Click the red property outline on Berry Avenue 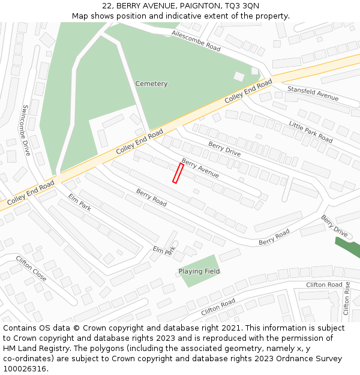pyautogui.click(x=178, y=173)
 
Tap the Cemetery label pyautogui.click(x=151, y=84)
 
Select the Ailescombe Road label pyautogui.click(x=196, y=40)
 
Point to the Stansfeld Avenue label pyautogui.click(x=313, y=93)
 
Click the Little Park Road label pyautogui.click(x=310, y=131)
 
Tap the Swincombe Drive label pyautogui.click(x=26, y=130)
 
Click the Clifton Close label pyautogui.click(x=31, y=269)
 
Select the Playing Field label pyautogui.click(x=199, y=272)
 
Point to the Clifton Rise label pyautogui.click(x=346, y=298)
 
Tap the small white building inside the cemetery pyautogui.click(x=239, y=77)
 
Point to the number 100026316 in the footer pyautogui.click(x=25, y=369)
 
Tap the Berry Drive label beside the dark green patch pyautogui.click(x=334, y=225)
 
